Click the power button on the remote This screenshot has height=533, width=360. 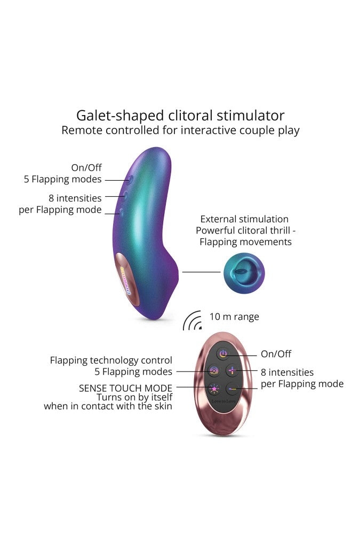tap(223, 354)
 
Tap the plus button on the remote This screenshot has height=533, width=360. tap(233, 370)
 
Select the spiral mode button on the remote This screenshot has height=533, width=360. tap(214, 371)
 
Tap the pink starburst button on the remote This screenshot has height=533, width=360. tap(214, 389)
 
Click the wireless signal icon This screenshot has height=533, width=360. tap(192, 320)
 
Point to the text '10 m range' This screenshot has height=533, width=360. tap(234, 317)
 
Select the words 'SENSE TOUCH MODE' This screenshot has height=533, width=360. tap(126, 388)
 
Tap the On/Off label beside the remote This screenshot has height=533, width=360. tap(276, 354)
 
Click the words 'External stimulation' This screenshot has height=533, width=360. tap(244, 219)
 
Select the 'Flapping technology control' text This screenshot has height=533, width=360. tap(111, 360)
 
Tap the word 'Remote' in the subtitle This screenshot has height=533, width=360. tap(81, 130)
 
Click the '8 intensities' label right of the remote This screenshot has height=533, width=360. tap(287, 372)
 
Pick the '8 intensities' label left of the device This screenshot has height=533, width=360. tap(78, 198)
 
